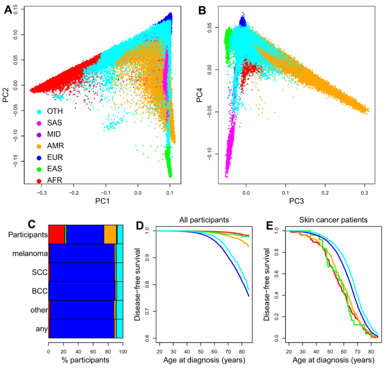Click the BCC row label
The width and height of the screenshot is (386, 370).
click(41, 291)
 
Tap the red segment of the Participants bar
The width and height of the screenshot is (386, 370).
click(56, 234)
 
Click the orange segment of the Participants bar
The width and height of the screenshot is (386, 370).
click(110, 234)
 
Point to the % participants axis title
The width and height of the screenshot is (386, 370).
click(85, 359)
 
